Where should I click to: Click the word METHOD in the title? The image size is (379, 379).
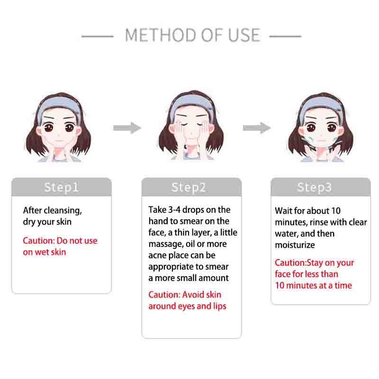(161, 35)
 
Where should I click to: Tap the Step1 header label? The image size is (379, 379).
(62, 187)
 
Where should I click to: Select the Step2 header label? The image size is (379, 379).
(189, 187)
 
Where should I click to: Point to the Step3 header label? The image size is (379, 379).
(315, 187)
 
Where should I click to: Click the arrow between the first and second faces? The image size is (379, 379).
(127, 128)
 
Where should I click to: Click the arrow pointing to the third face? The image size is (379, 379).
(257, 128)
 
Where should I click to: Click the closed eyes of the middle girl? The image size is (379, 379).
(191, 124)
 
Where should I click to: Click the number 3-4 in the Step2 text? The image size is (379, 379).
(174, 210)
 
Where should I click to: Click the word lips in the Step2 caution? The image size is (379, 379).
(220, 307)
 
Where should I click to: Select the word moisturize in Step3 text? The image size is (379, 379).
(295, 245)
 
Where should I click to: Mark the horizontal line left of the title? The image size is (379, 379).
(98, 36)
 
